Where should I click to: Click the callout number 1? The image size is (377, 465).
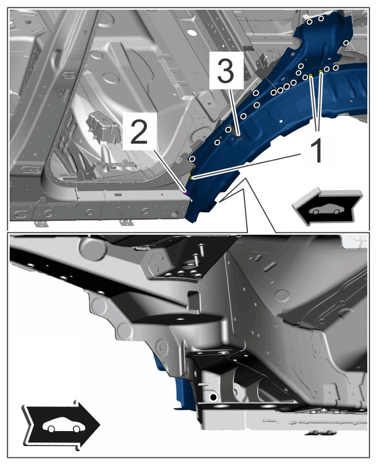pos(317,151)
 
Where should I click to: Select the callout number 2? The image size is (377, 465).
pos(139,132)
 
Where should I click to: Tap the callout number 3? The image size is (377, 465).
pos(226,71)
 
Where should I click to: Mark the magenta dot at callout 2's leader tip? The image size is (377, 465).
pos(186,193)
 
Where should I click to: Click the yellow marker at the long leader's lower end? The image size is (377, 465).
pos(192,177)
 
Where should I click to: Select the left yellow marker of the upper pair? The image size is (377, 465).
pos(310,75)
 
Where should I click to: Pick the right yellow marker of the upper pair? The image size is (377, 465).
pos(321,71)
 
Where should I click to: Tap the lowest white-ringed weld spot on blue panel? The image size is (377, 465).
pos(192,158)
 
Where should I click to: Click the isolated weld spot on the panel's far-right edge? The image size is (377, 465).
pos(345,43)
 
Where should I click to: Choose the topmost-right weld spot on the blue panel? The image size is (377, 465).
pos(321,18)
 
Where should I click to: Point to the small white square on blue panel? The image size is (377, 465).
pos(281,121)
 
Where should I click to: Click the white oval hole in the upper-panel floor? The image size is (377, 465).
pos(192,32)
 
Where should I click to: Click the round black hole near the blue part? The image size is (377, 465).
pos(213,397)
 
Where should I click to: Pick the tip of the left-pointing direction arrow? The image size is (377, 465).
pos(293,206)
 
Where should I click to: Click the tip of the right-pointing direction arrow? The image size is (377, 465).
pos(100,425)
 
